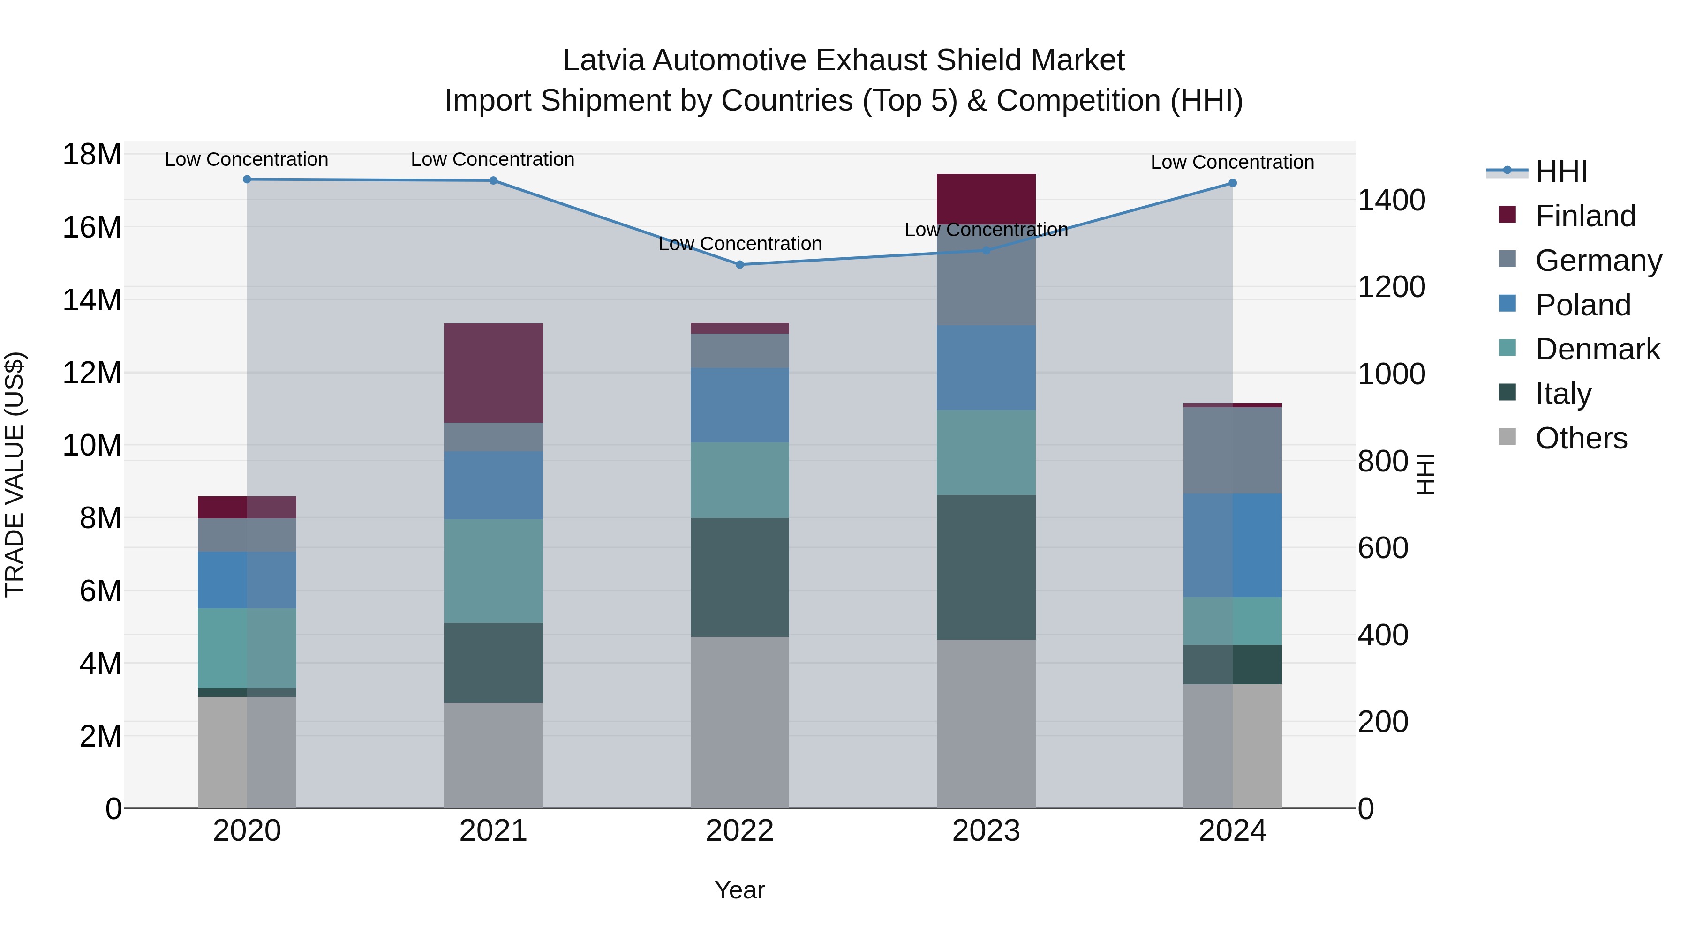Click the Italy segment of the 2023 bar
[x=986, y=567]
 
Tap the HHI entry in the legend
[x=1561, y=172]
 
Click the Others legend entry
[x=1581, y=438]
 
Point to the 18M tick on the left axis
[x=92, y=155]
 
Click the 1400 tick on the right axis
[x=1391, y=201]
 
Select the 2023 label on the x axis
[x=986, y=831]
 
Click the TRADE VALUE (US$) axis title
[x=15, y=474]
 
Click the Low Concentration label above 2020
[x=246, y=160]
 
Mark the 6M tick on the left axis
[x=99, y=591]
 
